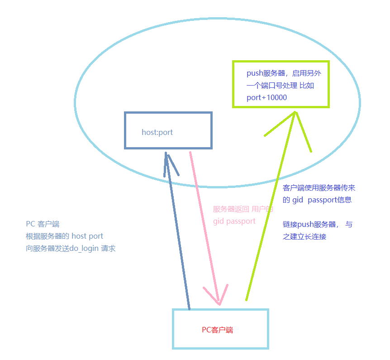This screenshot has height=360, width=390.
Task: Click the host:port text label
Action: coord(157,133)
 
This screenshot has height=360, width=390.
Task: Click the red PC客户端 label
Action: coord(217,330)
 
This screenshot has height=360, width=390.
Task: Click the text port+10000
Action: coord(266,97)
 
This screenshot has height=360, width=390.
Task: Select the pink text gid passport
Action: coord(234,221)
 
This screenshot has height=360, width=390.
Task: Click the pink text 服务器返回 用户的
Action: coord(243,210)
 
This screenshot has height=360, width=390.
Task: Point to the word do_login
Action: coord(84,249)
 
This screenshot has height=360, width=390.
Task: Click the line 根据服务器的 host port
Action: coord(64,236)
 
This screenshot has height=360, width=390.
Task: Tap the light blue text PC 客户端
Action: coord(43,224)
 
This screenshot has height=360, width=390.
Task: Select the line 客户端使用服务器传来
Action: coord(319,188)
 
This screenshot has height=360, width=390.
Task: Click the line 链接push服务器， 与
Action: coord(318,225)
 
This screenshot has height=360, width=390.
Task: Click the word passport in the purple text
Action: coord(322,200)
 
